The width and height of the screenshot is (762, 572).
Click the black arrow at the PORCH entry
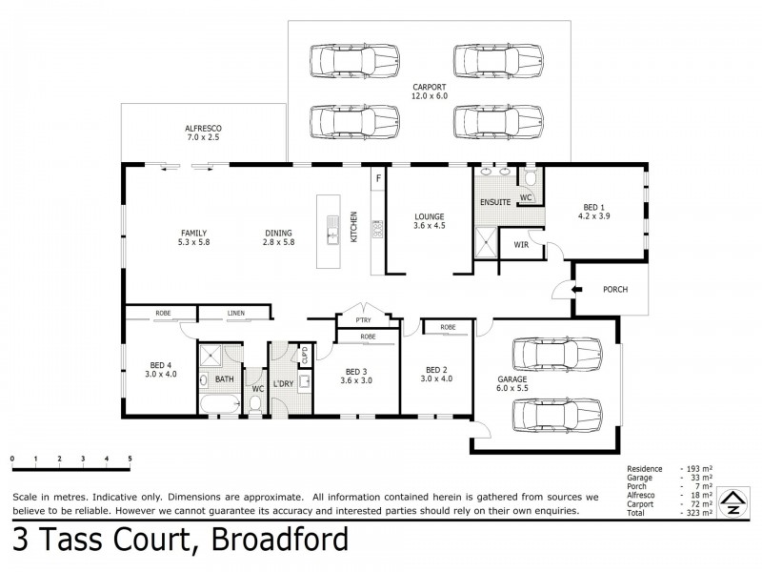pyautogui.click(x=577, y=289)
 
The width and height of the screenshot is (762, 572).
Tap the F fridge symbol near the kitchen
pyautogui.click(x=378, y=179)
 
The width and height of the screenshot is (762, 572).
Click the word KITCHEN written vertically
pyautogui.click(x=353, y=226)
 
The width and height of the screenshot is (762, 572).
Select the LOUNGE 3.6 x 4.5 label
pyautogui.click(x=430, y=221)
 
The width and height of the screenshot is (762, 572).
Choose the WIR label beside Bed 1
pyautogui.click(x=521, y=244)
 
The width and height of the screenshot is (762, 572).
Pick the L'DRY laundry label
pyautogui.click(x=283, y=383)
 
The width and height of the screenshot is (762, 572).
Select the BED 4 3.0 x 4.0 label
pyautogui.click(x=162, y=367)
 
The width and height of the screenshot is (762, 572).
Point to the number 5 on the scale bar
pyautogui.click(x=130, y=460)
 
